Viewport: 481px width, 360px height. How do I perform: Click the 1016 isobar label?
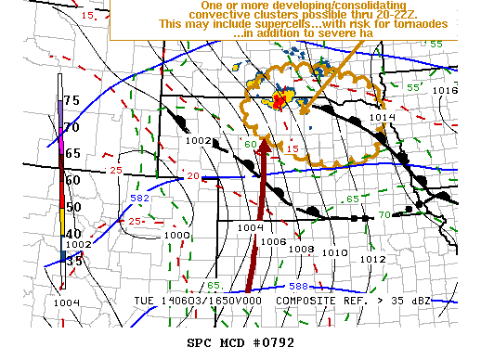pos(446,91)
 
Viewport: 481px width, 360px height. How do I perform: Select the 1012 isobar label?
pos(372,260)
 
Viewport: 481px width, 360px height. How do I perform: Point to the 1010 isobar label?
pos(329,251)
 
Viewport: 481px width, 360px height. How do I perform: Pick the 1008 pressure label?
pos(300,249)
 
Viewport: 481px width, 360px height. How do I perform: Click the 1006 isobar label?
pos(273,241)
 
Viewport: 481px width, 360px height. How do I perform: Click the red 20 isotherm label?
pos(192,176)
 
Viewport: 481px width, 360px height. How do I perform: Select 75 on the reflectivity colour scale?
pos(71,100)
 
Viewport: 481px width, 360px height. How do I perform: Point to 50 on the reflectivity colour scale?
pos(71,206)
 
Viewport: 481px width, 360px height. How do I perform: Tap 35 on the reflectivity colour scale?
pos(71,262)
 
